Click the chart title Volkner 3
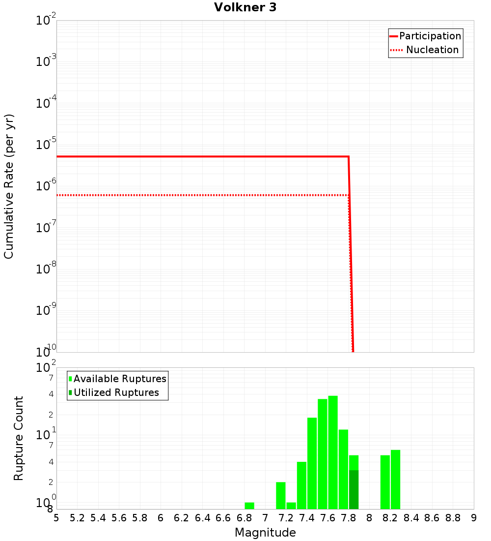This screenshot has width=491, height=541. pyautogui.click(x=245, y=7)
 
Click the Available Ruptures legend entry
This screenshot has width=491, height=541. pyautogui.click(x=120, y=379)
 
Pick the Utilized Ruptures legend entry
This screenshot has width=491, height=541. pyautogui.click(x=116, y=392)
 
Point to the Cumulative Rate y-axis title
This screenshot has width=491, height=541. pyautogui.click(x=9, y=186)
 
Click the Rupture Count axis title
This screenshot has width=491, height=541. pyautogui.click(x=19, y=438)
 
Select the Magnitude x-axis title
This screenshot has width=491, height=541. pyautogui.click(x=265, y=533)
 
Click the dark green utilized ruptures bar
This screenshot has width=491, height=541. pyautogui.click(x=354, y=489)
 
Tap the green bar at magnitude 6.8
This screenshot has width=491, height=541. pyautogui.click(x=249, y=506)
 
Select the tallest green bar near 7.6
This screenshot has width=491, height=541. pyautogui.click(x=333, y=452)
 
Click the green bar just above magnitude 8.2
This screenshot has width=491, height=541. pyautogui.click(x=395, y=480)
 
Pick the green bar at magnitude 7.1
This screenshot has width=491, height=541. pyautogui.click(x=280, y=495)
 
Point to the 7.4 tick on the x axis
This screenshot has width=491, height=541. pyautogui.click(x=307, y=518)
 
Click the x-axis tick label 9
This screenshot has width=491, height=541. pyautogui.click(x=474, y=518)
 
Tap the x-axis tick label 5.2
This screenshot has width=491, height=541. pyautogui.click(x=77, y=518)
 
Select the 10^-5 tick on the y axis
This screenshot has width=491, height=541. pyautogui.click(x=46, y=145)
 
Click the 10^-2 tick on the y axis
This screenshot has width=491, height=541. pyautogui.click(x=46, y=21)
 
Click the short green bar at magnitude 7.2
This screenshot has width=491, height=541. pyautogui.click(x=291, y=506)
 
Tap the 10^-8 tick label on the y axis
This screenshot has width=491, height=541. pyautogui.click(x=46, y=269)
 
